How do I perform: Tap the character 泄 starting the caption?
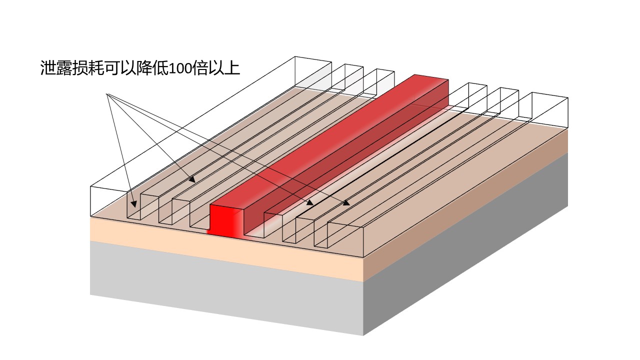47,68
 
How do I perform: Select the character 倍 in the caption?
200,68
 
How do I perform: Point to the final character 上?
231,68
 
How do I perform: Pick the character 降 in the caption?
144,68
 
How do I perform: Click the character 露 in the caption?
63,68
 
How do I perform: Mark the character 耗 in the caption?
95,68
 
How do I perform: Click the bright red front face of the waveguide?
225,220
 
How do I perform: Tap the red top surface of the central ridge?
328,140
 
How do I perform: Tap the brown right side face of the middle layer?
465,204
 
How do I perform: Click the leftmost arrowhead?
133,204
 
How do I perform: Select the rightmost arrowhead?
346,203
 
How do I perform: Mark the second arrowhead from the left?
192,179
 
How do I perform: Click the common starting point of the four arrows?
106,93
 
